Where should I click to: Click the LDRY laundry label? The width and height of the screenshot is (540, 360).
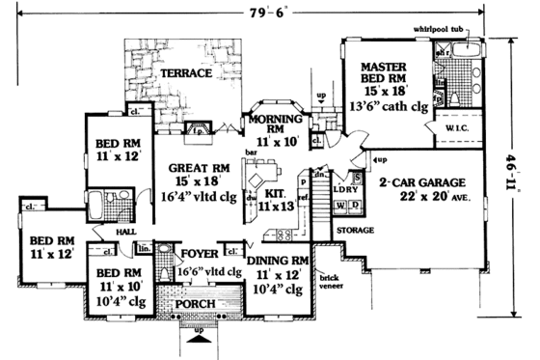tap(348, 190)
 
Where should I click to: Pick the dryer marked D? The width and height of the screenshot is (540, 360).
tap(355, 206)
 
